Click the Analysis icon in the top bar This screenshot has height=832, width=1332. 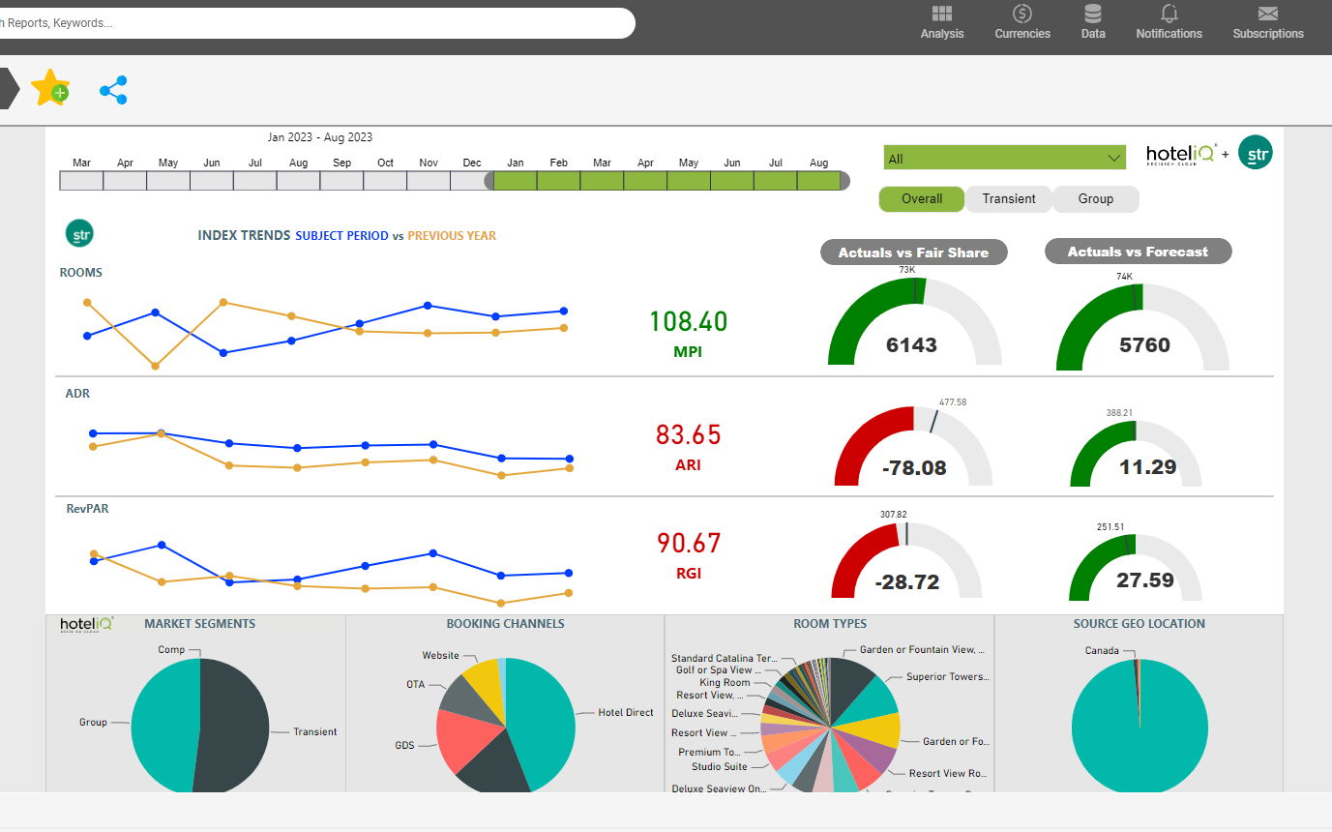point(941,14)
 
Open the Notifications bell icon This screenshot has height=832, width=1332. point(1169,14)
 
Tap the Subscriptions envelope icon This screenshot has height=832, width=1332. point(1267,14)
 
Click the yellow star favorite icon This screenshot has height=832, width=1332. point(49,88)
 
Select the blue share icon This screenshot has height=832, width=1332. point(113,90)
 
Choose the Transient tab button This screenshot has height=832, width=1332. point(1008,198)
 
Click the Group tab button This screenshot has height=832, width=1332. point(1095,198)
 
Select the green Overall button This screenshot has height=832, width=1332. point(921,198)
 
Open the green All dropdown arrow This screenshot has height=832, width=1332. point(1112,158)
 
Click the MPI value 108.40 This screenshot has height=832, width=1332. point(688,321)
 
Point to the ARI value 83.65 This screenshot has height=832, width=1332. point(688,434)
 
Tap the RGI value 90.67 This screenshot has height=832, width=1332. point(688,543)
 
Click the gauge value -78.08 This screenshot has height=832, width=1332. point(914,468)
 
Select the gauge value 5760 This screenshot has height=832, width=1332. point(1143,345)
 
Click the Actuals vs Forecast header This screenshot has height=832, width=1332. point(1138,252)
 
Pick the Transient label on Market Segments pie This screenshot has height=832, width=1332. point(314,731)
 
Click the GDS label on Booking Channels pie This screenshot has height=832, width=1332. point(404,746)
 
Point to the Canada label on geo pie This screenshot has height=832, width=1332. point(1101,650)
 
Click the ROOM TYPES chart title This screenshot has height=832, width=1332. point(829,624)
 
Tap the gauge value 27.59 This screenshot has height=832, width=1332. point(1144,580)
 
